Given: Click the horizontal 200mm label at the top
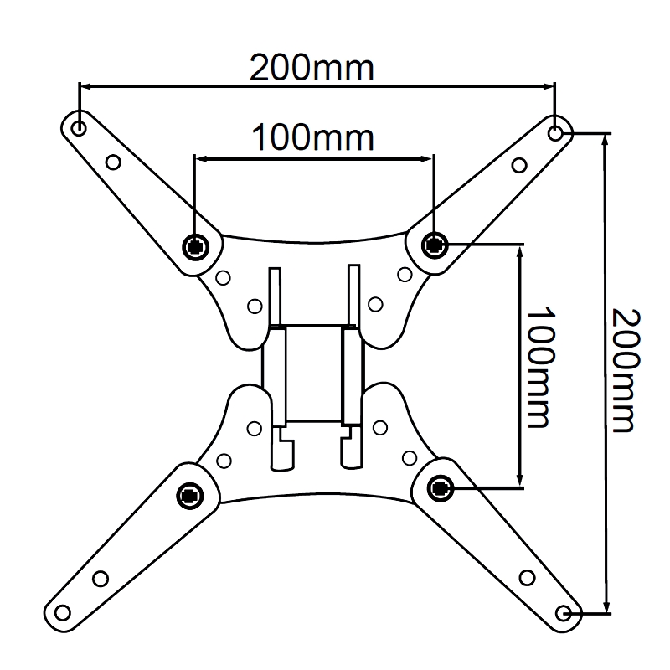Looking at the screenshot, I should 312,68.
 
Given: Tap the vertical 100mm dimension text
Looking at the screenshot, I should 539,366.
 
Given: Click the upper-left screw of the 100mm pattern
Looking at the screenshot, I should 195,245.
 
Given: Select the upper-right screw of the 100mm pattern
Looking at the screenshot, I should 434,245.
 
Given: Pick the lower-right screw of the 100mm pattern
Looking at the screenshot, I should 439,487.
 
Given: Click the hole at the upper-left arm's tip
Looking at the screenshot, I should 79,129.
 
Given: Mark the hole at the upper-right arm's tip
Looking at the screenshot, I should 556,132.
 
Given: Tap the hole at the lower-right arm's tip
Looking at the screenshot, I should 569,613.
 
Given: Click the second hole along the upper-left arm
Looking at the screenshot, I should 113,162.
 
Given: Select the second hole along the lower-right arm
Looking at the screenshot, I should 527,578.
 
